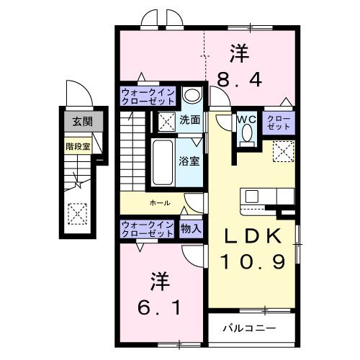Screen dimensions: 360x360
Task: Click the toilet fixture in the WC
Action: pos(247,133)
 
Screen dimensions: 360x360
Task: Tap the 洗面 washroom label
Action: pos(189,120)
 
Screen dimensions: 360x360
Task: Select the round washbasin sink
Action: pos(191,95)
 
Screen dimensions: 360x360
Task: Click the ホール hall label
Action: pos(160,203)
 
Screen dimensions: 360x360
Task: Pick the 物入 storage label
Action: pos(192,228)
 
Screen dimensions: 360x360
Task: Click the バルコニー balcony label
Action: pos(248,328)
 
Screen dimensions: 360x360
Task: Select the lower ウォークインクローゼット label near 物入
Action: pos(147,228)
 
